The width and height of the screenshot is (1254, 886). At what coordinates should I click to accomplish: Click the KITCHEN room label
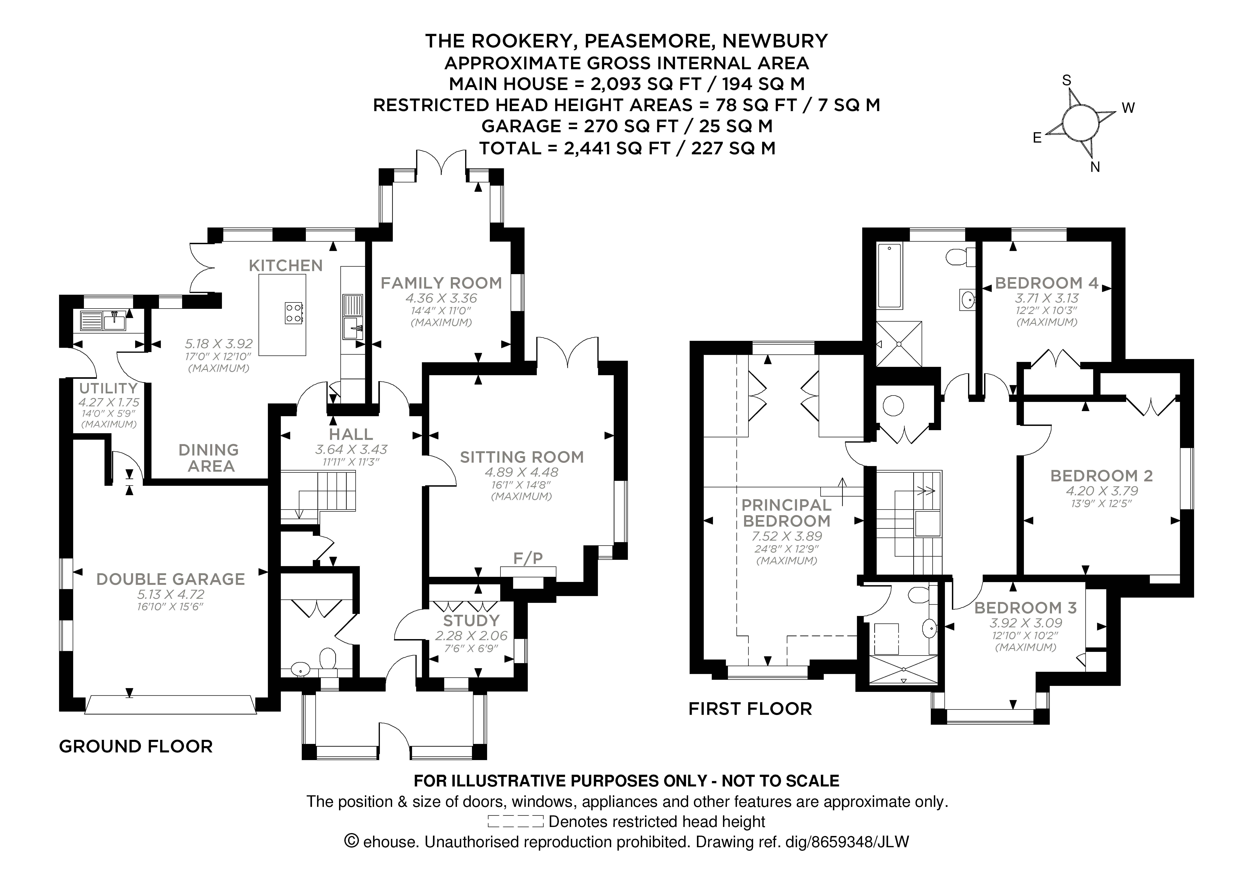(286, 266)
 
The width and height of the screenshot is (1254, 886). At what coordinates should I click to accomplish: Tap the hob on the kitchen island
(293, 313)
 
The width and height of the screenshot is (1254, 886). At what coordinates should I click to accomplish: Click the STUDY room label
(471, 621)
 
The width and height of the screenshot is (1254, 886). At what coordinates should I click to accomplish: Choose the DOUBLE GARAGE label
(170, 579)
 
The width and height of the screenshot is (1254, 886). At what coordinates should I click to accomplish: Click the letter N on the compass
(1095, 168)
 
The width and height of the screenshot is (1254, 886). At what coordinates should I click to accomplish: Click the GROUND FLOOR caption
(135, 746)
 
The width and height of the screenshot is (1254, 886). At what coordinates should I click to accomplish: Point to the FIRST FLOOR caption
(750, 709)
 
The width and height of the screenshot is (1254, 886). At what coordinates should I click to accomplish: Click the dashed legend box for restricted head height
(515, 822)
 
